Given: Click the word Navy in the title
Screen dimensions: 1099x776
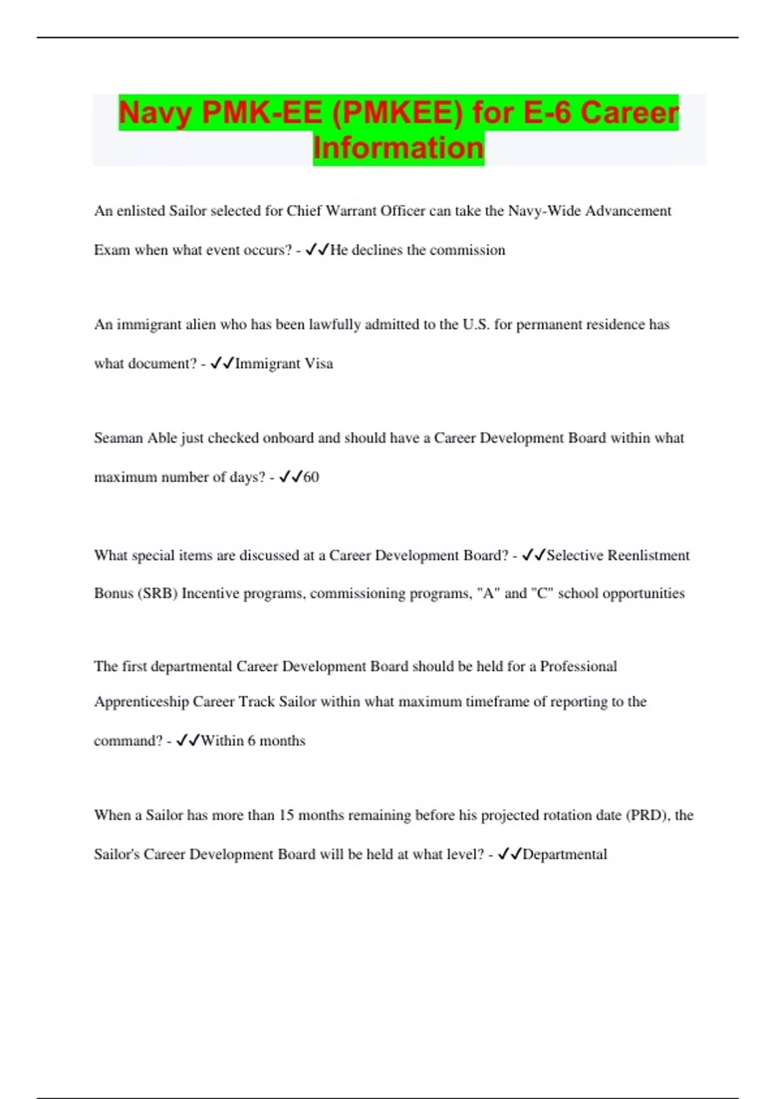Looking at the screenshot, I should tap(156, 112).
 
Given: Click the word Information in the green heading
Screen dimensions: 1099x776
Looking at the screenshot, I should tap(398, 147).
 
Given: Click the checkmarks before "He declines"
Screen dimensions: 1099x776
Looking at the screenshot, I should tap(317, 250).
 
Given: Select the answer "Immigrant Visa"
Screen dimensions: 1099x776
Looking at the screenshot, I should tap(284, 363).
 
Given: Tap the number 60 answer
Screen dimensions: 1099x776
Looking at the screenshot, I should tap(311, 477).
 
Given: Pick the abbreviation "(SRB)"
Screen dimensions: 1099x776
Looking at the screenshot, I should tap(157, 593).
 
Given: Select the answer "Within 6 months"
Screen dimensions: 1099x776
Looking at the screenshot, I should tap(253, 741).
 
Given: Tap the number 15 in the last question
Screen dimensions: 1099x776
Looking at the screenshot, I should tap(286, 815).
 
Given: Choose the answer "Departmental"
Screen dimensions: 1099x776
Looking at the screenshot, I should tap(565, 855).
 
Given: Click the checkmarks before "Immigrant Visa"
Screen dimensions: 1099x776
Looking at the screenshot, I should tap(222, 363).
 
